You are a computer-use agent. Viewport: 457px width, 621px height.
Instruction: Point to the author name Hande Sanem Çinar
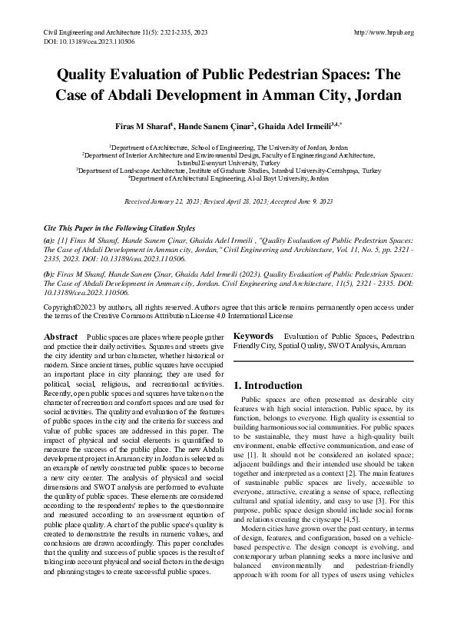(x=216, y=126)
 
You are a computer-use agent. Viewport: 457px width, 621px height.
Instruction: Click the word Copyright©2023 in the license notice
(x=70, y=305)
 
